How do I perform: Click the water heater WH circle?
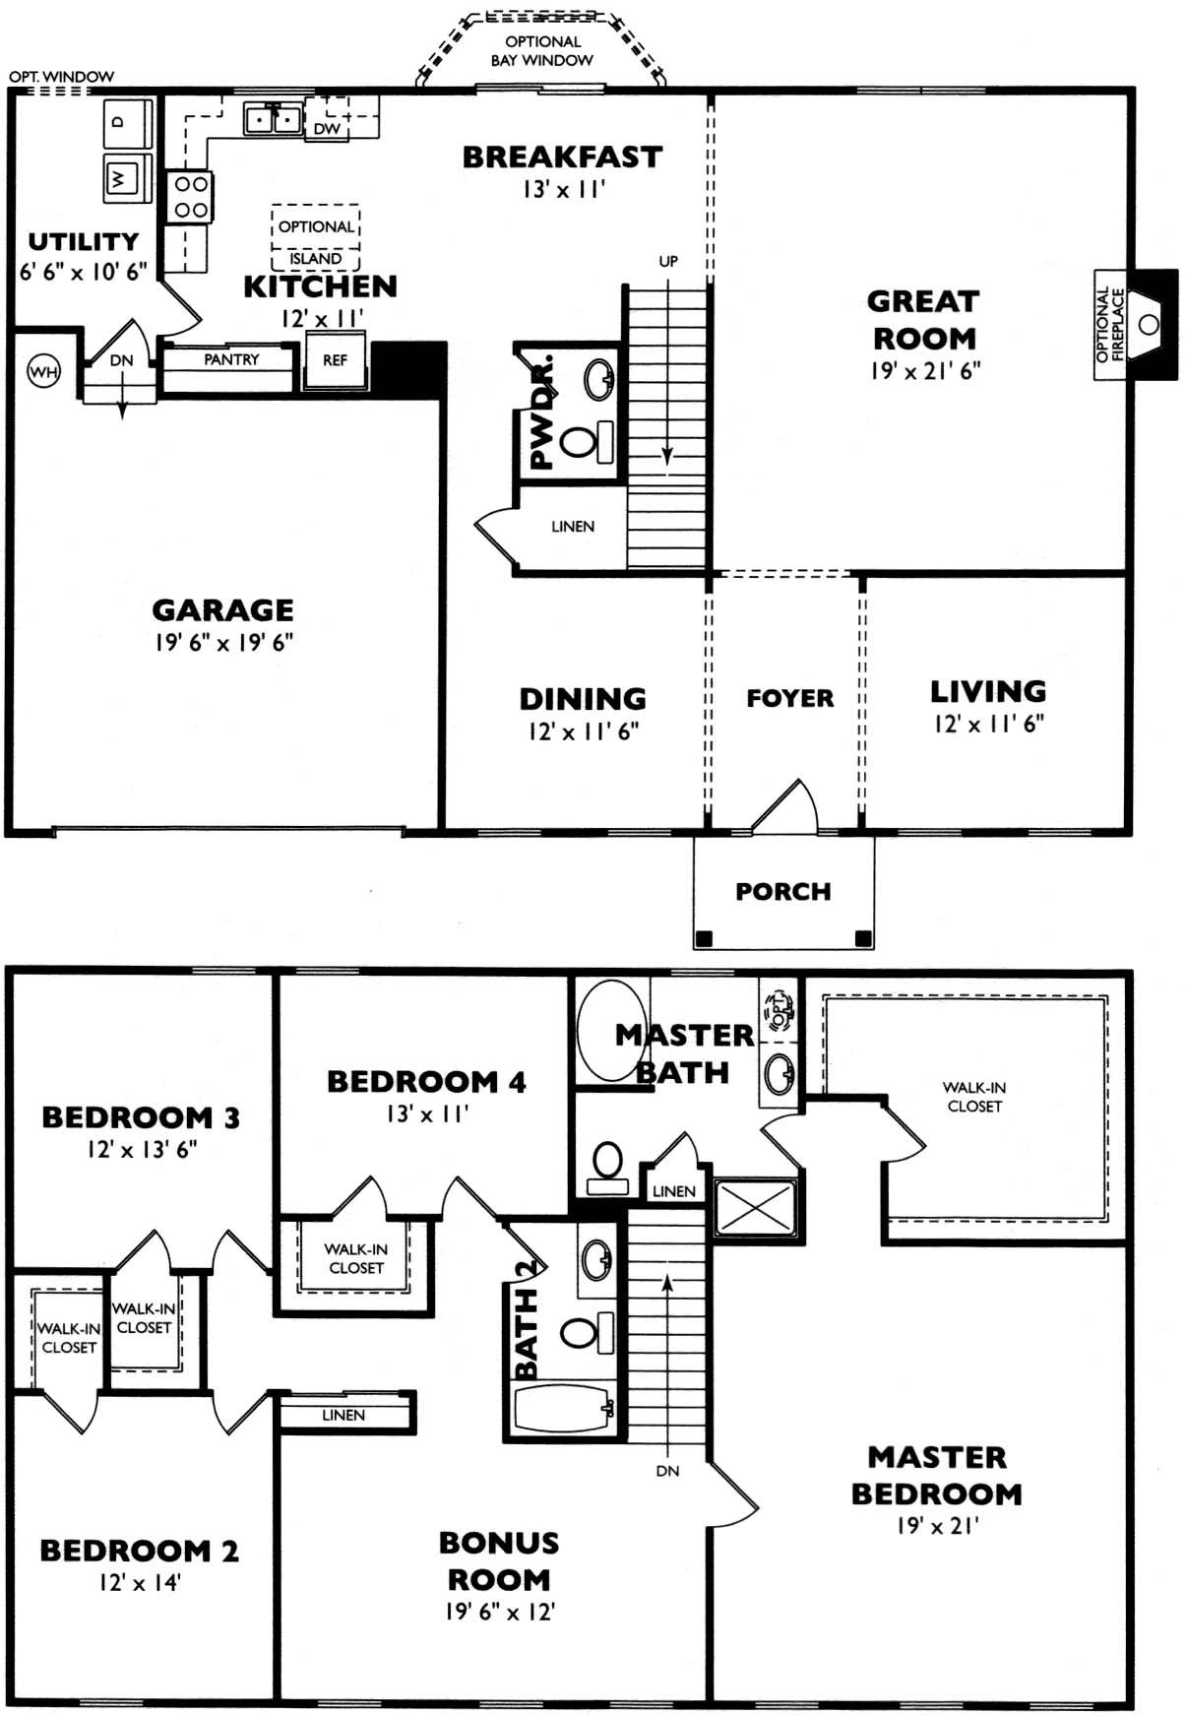coord(43,371)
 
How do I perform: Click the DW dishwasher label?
coord(327,128)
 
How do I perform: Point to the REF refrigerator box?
coord(335,360)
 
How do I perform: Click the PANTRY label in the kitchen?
coord(231,359)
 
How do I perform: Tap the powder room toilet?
coord(587,440)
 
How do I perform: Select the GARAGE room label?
coord(222,610)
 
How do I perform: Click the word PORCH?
coord(783,891)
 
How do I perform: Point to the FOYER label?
coord(789,698)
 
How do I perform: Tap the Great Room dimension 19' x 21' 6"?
coord(925,371)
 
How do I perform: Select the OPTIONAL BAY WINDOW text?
coord(542,50)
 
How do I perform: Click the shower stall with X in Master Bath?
coord(755,1206)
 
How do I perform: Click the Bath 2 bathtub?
coord(563,1410)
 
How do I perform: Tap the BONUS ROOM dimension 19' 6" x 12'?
coord(499,1612)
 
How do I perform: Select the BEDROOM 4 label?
coord(426,1081)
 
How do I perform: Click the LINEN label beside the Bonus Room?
coord(343,1415)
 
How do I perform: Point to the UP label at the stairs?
coord(668,261)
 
